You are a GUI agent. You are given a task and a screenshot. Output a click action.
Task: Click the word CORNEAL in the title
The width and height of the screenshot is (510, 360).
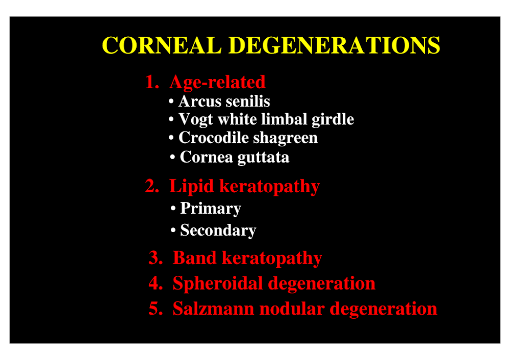tap(162, 45)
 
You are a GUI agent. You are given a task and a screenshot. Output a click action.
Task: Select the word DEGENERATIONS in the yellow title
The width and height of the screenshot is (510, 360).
tap(335, 45)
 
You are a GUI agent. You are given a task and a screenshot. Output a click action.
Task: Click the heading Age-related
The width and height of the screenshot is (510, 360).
tap(217, 83)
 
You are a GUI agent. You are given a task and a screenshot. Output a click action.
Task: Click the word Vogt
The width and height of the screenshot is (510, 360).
tap(196, 120)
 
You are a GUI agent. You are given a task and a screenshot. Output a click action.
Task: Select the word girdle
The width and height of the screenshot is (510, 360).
tap(333, 120)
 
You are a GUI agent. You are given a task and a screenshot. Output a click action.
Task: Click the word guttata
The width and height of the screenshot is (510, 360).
tap(264, 158)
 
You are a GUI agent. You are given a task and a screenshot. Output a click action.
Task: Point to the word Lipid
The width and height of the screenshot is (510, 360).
tap(191, 186)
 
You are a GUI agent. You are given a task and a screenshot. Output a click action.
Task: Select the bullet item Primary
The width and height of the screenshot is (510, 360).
tap(211, 209)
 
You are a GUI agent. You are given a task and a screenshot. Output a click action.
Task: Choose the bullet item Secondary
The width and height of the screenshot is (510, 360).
tap(218, 230)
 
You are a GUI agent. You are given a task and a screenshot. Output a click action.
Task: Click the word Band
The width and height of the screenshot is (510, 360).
tap(194, 258)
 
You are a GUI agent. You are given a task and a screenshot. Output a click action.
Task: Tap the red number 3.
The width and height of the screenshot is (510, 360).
tap(156, 258)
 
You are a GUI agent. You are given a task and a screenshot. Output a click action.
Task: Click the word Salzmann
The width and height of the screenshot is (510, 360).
tap(213, 308)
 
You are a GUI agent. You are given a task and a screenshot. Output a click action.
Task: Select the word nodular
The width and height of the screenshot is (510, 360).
tap(292, 308)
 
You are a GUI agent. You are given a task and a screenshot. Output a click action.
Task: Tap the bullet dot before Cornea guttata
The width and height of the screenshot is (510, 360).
tap(173, 158)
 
